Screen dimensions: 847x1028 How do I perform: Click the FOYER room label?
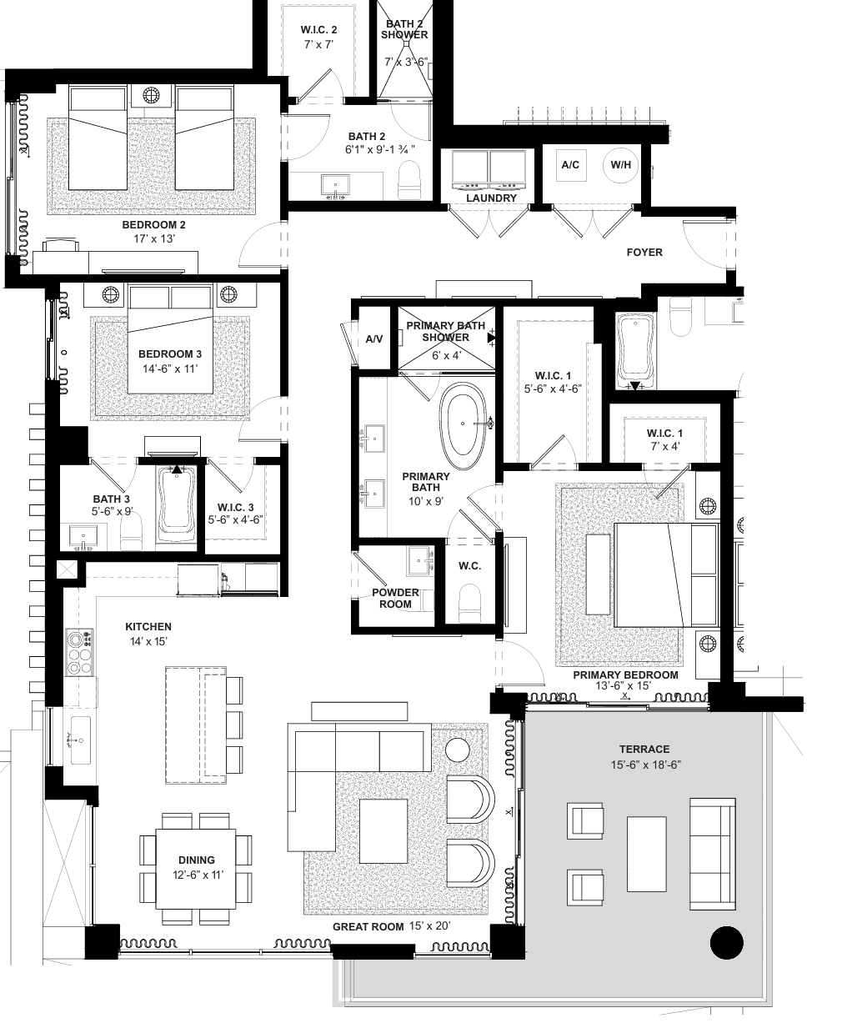click(x=644, y=253)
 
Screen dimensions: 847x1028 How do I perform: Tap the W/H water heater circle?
click(x=620, y=165)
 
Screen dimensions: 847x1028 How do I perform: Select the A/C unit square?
click(x=570, y=165)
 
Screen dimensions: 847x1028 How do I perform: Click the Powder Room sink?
click(x=420, y=561)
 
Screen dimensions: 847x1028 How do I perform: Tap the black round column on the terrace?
click(x=726, y=943)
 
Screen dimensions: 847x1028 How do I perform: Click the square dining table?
click(x=196, y=869)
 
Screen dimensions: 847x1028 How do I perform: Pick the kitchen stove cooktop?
click(x=80, y=652)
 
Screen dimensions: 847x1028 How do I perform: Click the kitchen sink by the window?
click(x=80, y=740)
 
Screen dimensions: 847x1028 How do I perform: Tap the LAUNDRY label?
click(x=491, y=198)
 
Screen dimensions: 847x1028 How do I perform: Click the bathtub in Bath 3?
click(x=176, y=504)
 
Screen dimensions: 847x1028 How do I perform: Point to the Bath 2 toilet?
click(x=409, y=180)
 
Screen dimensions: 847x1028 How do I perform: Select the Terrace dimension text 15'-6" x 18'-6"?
click(x=645, y=765)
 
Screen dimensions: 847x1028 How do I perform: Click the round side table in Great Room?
click(x=458, y=750)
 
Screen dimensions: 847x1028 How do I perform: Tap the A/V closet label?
click(x=373, y=339)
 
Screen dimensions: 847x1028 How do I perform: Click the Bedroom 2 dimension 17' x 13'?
click(x=154, y=238)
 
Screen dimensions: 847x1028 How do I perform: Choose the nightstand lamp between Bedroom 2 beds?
click(x=151, y=95)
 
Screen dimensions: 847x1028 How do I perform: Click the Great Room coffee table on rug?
click(x=383, y=831)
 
